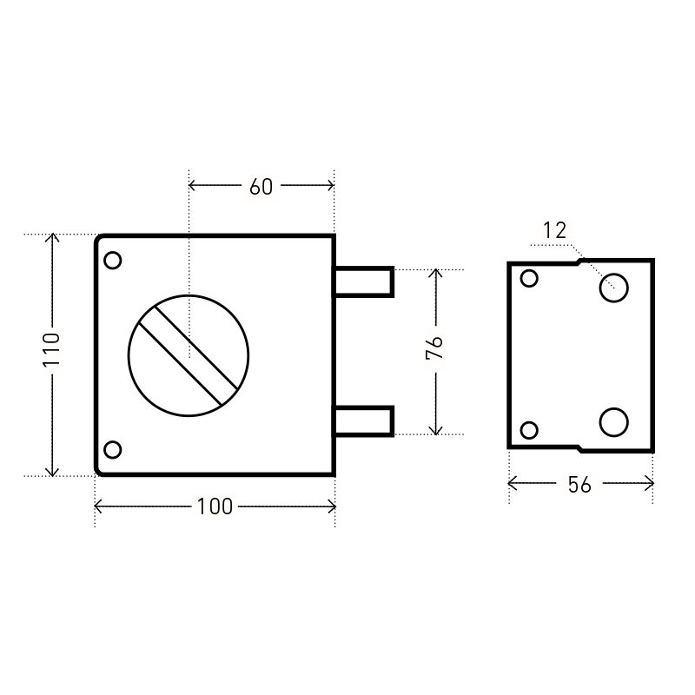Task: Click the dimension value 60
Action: (261, 187)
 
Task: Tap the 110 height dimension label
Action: (51, 350)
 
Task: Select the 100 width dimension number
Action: (215, 506)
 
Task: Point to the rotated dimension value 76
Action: (434, 347)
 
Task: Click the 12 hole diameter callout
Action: (554, 230)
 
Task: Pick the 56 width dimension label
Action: (579, 485)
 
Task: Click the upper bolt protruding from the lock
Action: (363, 281)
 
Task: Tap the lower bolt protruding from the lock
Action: (363, 421)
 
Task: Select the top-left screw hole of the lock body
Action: (113, 260)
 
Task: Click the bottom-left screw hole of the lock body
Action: (113, 449)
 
